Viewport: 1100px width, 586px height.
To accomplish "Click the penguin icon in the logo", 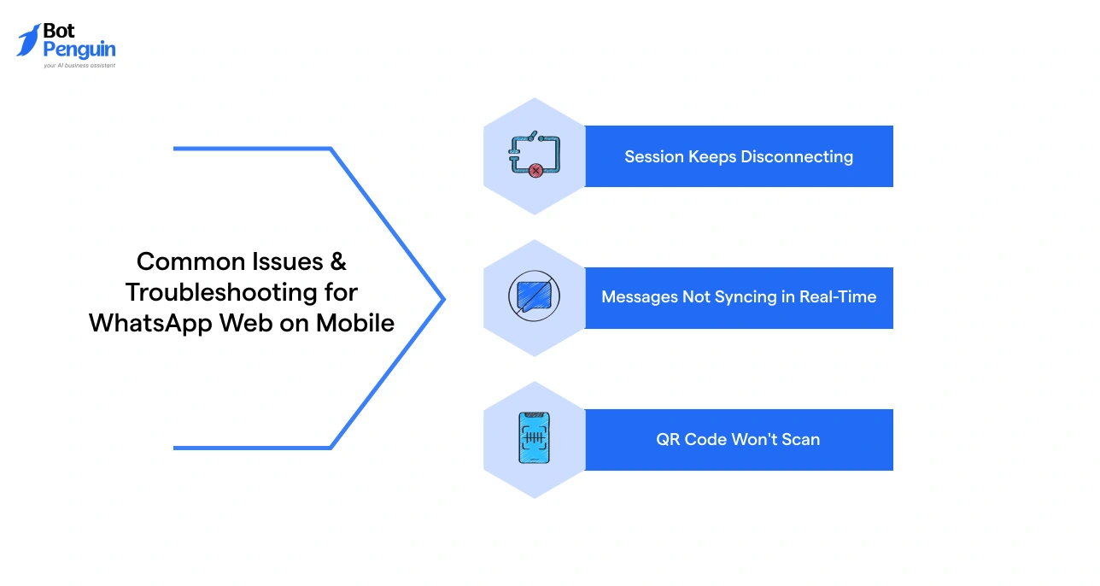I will [28, 39].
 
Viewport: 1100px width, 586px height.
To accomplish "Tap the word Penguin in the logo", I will [79, 50].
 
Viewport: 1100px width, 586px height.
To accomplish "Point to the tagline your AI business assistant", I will [79, 65].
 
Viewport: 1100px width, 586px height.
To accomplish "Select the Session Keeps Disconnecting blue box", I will [739, 156].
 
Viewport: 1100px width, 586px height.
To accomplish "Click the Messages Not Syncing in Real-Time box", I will [739, 297].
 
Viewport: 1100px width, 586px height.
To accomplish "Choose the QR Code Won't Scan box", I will [739, 440].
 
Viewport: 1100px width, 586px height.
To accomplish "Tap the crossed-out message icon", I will [534, 297].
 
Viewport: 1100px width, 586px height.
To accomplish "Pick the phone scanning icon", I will [534, 438].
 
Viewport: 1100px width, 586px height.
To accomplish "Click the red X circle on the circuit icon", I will [535, 171].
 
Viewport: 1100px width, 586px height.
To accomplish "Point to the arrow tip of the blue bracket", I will [443, 299].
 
